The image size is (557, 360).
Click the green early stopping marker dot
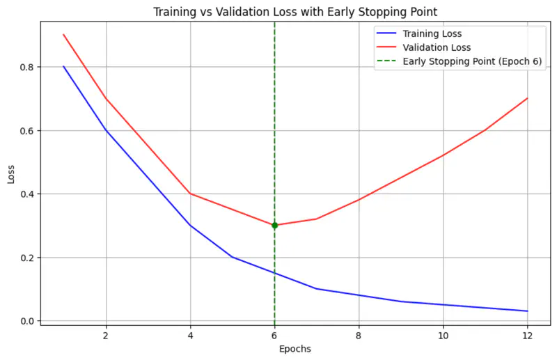point(274,225)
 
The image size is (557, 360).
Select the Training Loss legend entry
point(432,33)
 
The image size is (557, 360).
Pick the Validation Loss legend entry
point(437,47)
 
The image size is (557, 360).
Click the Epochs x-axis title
point(295,349)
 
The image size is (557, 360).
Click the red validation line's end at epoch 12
point(527,98)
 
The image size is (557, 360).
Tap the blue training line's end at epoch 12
point(527,311)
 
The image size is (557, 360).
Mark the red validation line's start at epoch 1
point(63,35)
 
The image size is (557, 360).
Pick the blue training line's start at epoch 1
point(63,67)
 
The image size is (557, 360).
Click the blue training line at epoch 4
point(190,225)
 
